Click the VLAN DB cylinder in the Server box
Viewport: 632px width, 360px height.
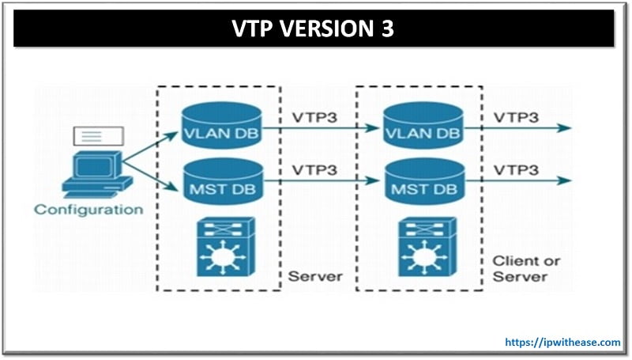click(220, 127)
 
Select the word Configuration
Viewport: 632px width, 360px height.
click(88, 210)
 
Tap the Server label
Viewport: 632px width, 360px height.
click(315, 276)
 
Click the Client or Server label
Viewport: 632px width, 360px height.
click(519, 268)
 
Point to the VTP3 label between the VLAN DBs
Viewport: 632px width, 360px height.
click(314, 117)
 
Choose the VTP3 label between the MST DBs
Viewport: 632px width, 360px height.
click(314, 170)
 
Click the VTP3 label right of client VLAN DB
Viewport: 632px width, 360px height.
click(517, 117)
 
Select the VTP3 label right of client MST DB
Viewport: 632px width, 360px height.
click(517, 170)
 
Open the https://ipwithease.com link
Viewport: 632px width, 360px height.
click(562, 343)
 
